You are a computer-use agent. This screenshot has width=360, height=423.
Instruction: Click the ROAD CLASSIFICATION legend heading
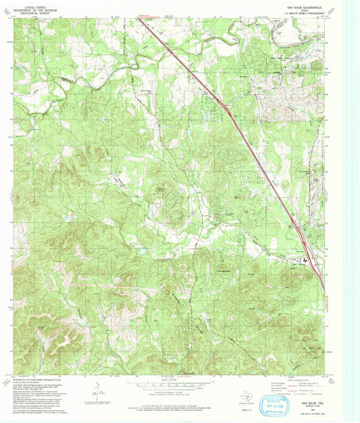[x=294, y=378]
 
